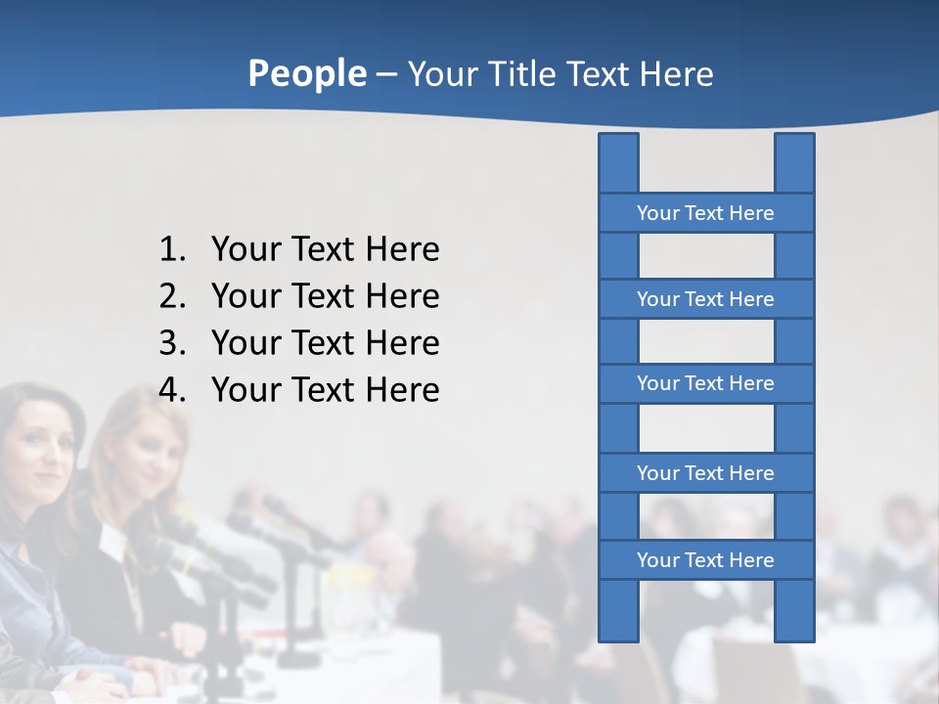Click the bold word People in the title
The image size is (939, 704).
[306, 73]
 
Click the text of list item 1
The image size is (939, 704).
[325, 249]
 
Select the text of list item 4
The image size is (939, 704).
[325, 390]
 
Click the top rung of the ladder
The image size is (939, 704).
[705, 213]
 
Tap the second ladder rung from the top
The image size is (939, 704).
[705, 299]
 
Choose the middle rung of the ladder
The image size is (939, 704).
[705, 383]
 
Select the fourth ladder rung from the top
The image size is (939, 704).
[705, 473]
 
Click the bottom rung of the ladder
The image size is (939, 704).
[705, 560]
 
